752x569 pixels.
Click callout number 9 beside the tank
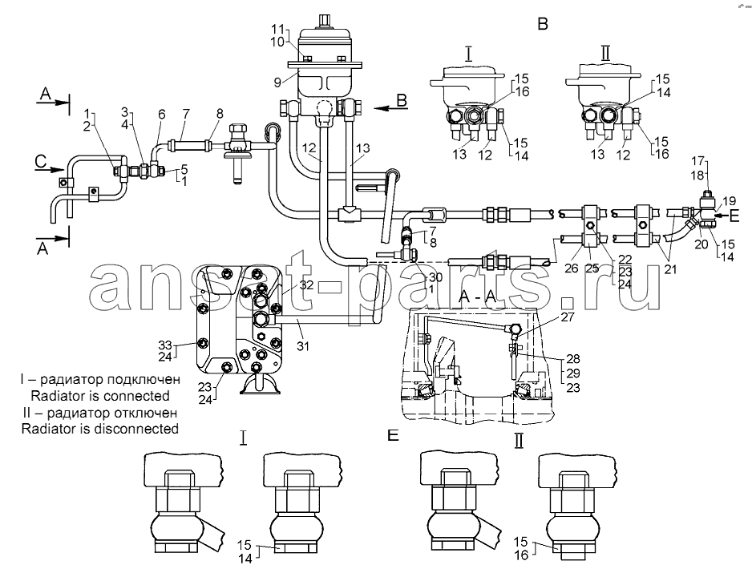point(277,83)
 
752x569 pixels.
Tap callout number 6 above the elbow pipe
point(162,114)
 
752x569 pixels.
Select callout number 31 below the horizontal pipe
point(302,345)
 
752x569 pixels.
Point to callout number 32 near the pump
point(306,284)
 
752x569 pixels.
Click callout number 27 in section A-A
point(568,317)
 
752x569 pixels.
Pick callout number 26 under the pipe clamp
point(571,268)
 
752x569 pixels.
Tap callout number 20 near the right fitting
point(701,244)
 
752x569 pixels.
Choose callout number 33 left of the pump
point(165,345)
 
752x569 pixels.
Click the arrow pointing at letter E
point(722,216)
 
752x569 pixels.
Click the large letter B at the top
point(543,23)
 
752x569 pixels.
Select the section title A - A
point(477,297)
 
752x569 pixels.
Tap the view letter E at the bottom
point(393,435)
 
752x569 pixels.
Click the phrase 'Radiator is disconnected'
point(99,429)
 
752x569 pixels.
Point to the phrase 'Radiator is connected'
point(99,396)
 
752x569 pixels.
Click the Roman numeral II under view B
point(606,54)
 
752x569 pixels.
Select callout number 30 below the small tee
point(435,277)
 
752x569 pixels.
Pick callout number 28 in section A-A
point(573,358)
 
